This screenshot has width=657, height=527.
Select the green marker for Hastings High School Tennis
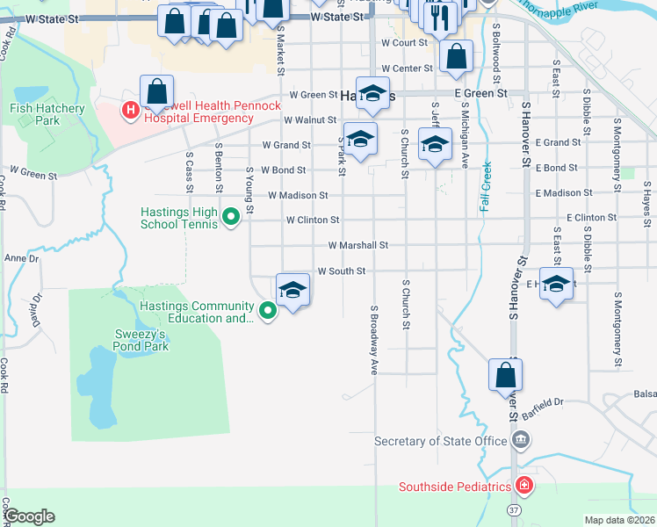231,216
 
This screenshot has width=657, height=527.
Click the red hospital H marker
130,110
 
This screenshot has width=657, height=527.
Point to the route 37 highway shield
513,509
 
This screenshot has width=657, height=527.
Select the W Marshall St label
358,246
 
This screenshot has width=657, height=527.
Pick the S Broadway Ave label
373,340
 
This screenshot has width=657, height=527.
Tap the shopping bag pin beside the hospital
156,90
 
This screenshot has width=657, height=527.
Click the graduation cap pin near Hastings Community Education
292,289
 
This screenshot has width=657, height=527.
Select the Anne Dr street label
22,258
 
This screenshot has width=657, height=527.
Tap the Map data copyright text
619,520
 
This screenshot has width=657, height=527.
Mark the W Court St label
403,42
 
